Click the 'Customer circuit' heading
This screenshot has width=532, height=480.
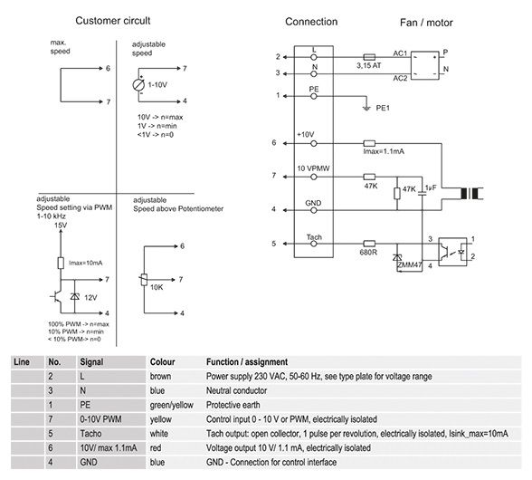(112, 21)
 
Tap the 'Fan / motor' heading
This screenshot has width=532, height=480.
(426, 23)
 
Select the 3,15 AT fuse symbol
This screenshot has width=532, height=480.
(369, 57)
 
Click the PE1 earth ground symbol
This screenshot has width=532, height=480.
(366, 108)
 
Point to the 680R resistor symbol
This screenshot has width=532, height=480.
(369, 244)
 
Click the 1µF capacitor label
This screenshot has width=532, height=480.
(431, 187)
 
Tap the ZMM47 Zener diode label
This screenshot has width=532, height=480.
(410, 264)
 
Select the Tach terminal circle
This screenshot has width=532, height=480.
(314, 244)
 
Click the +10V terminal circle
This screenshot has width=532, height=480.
(314, 143)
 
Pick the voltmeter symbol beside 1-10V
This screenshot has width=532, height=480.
(138, 84)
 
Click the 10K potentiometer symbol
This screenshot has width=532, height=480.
(144, 280)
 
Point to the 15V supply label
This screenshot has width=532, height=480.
(61, 225)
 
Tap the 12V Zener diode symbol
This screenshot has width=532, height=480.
(74, 296)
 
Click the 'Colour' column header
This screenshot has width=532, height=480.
(162, 362)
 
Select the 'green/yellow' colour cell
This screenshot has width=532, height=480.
(171, 405)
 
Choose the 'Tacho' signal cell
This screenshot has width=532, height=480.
(90, 434)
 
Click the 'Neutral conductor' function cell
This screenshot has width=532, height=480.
(236, 390)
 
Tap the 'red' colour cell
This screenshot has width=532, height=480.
(156, 448)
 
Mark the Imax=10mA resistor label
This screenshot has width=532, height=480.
(85, 263)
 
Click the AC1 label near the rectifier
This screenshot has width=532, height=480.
(400, 53)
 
